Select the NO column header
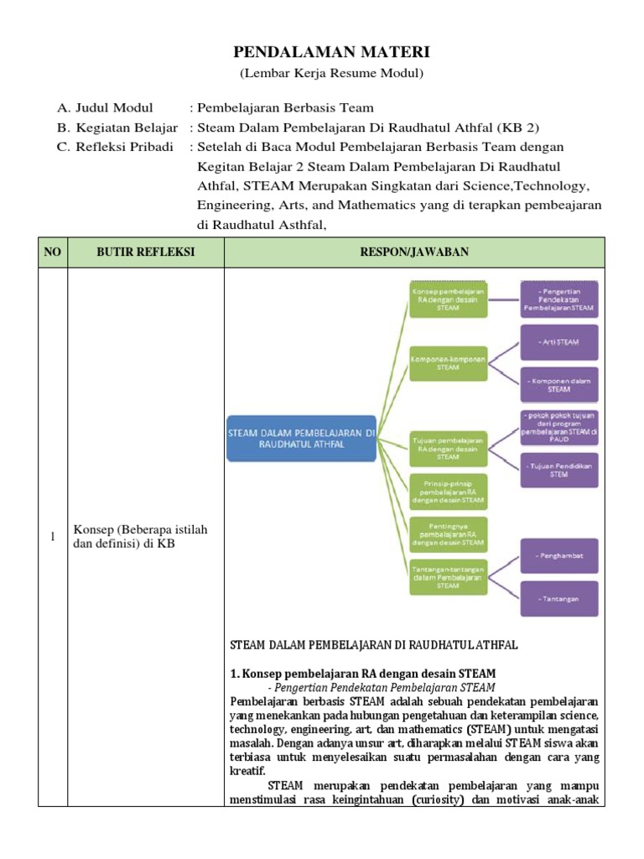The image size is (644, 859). [53, 252]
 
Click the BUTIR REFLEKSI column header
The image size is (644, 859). [146, 252]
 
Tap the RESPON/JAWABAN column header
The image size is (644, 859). [414, 252]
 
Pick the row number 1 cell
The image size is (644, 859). [53, 537]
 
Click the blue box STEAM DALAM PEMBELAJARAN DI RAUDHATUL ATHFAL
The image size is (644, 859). [303, 439]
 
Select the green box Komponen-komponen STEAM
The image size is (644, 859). [448, 362]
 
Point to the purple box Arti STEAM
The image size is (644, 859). [558, 342]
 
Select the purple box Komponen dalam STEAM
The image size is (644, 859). [558, 385]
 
